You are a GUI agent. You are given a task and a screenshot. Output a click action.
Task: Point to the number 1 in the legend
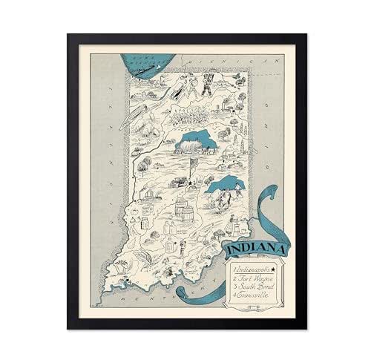coord(232,264)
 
